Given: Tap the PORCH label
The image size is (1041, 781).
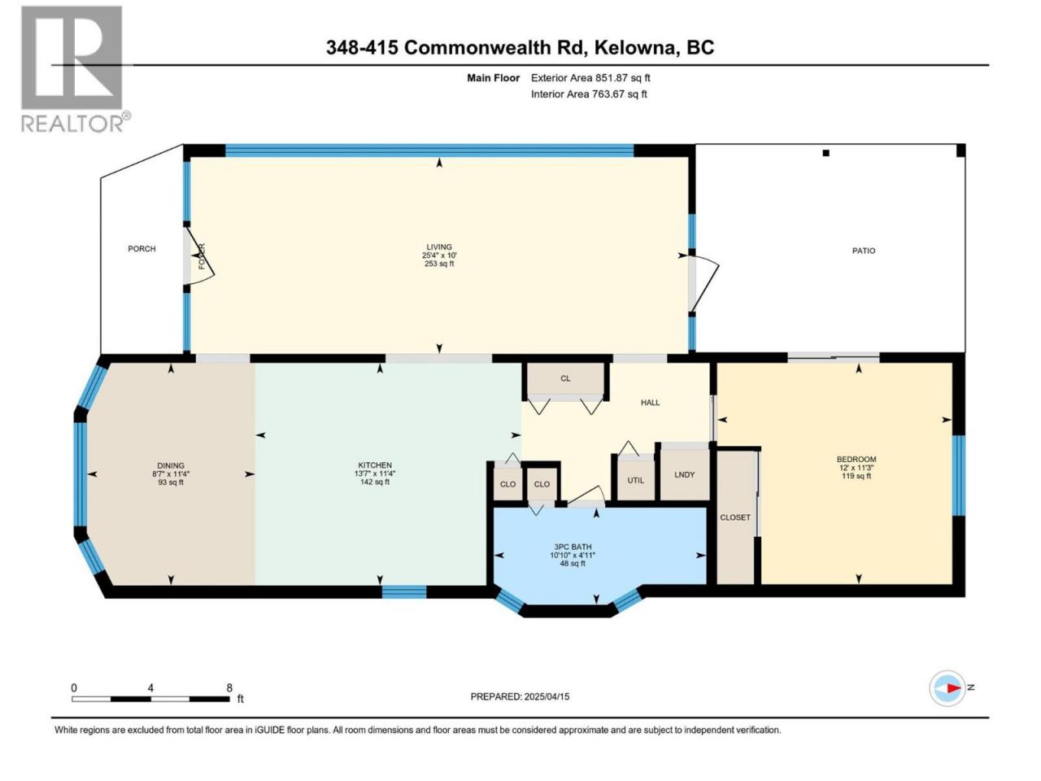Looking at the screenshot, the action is (x=142, y=249).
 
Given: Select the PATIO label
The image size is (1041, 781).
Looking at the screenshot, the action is (x=864, y=251).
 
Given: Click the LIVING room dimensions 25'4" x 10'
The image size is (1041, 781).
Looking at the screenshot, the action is (x=439, y=255).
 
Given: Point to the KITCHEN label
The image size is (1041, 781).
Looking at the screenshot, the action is (x=375, y=465).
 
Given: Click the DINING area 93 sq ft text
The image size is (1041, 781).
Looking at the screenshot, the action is (x=171, y=482).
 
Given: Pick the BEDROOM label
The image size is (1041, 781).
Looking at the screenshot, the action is (x=856, y=459).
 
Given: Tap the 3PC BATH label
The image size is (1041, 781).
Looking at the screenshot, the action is (x=573, y=547).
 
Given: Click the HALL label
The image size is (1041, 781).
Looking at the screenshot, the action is (x=650, y=403).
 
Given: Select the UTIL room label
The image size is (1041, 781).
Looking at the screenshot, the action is (x=635, y=480).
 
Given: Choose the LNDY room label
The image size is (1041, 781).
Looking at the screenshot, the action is (x=684, y=474).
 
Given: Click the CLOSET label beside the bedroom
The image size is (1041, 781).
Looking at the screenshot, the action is (x=735, y=517).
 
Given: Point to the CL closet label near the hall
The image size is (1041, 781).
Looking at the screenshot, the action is (x=565, y=378).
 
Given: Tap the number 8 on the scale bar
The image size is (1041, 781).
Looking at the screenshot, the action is (x=229, y=687).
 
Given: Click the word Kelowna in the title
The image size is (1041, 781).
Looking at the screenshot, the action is (x=634, y=47).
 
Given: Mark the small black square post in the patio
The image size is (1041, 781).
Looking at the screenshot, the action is (x=825, y=153).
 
